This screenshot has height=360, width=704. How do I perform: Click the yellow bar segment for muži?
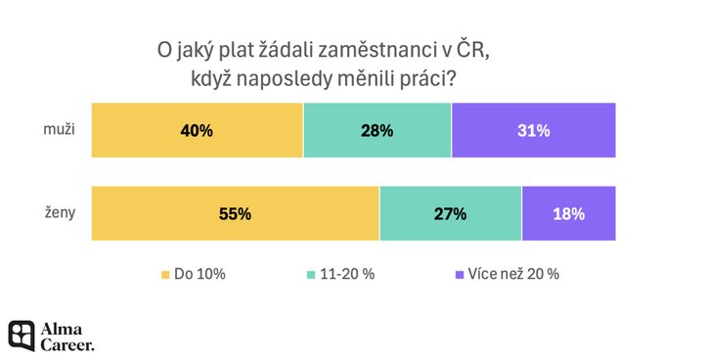(198, 130)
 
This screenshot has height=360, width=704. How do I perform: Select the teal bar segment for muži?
(377, 130)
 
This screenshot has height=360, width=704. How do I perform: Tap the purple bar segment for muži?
(534, 130)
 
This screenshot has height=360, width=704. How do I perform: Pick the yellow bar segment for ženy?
(236, 213)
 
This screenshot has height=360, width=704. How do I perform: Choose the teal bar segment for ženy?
(451, 213)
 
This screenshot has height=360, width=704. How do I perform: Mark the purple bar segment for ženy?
(569, 213)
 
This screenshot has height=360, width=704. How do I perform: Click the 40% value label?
(197, 131)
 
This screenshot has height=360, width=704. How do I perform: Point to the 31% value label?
(534, 131)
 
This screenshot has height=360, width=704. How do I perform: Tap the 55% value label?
(236, 214)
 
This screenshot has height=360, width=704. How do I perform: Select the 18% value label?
(569, 214)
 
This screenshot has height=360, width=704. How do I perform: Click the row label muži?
(59, 129)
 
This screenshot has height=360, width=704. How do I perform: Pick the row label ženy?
(60, 213)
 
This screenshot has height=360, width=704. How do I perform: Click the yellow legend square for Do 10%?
(165, 275)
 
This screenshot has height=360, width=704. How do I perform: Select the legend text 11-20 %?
(347, 274)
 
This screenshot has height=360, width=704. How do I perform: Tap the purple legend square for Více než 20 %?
(460, 275)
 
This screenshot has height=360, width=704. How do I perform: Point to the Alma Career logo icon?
(22, 336)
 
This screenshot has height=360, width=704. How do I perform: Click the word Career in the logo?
(67, 344)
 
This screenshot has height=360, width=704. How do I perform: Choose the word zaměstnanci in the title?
(374, 50)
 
